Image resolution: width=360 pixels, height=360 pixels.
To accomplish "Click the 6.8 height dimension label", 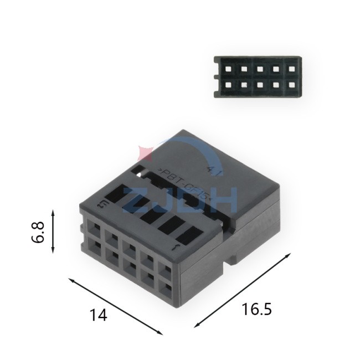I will click(38, 231).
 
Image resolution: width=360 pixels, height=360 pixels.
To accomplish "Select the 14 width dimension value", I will click(98, 315).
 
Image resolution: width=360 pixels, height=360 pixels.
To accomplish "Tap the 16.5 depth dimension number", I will click(256, 309).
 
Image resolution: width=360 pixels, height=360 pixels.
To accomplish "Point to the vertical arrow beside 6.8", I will click(53, 231).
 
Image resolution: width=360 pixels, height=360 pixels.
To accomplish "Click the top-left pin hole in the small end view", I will click(228, 70).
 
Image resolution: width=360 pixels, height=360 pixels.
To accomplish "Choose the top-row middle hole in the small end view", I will click(259, 70).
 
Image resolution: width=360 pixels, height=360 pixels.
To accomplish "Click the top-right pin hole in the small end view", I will click(290, 70).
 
